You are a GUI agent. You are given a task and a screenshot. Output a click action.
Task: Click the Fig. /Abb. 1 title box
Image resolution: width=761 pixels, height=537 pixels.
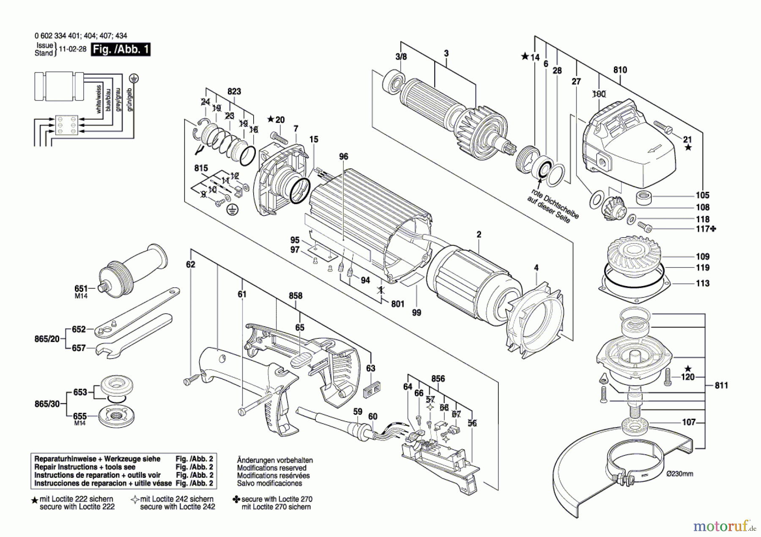[121, 49]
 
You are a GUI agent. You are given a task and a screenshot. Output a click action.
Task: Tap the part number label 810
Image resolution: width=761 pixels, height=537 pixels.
[620, 70]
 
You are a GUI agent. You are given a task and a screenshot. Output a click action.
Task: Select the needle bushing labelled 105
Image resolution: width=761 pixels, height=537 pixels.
[643, 197]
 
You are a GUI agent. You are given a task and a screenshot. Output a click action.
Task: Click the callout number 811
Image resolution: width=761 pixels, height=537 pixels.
[721, 385]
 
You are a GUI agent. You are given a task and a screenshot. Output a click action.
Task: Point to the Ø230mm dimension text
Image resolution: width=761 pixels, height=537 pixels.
[679, 474]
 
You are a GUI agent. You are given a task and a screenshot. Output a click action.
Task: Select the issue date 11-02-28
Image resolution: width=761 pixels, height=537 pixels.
[72, 49]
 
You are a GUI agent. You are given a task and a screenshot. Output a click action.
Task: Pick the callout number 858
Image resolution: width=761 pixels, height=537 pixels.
[296, 296]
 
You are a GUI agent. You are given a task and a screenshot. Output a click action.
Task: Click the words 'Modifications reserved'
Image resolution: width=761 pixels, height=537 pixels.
[271, 468]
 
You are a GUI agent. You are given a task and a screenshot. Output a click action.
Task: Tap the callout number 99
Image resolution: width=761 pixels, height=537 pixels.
[416, 313]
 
